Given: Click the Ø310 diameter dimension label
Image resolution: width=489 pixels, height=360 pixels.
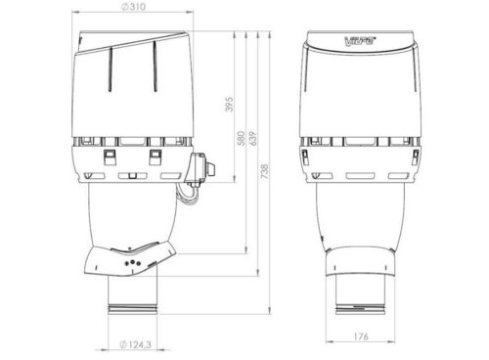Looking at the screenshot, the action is (133, 7).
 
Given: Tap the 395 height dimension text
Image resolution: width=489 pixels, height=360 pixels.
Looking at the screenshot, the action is (230, 104).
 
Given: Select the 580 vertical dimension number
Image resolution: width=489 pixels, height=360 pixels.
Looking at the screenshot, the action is (241, 138).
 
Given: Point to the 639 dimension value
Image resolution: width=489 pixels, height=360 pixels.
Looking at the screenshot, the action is (252, 138).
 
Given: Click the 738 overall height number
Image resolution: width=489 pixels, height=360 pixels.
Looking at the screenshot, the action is (265, 171).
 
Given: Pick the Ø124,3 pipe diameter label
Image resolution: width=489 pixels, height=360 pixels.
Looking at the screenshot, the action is (135, 344).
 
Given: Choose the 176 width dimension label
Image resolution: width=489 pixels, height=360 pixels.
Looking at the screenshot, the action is (361, 337).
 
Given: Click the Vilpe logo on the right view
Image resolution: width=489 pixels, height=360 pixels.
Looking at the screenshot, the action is (360, 41).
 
